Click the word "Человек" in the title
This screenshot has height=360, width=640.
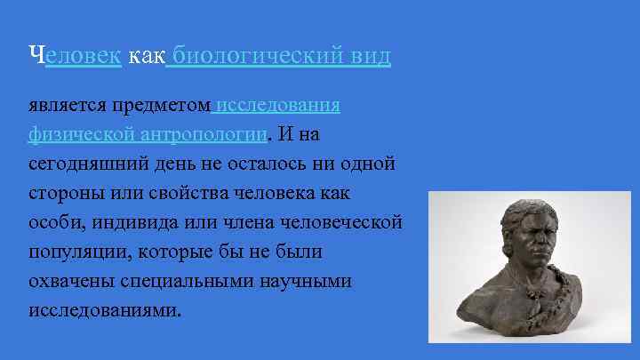(74, 57)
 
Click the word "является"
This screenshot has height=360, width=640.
(65, 106)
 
